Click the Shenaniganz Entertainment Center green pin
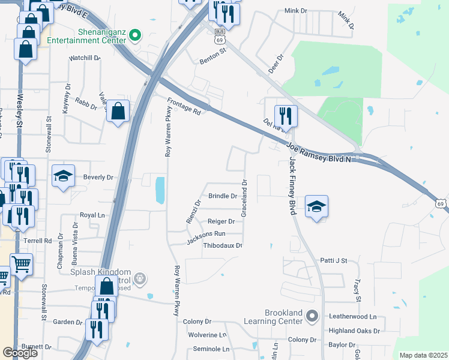pyautogui.click(x=135, y=35)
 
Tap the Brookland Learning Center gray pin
pyautogui.click(x=312, y=315)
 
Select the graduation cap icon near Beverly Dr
pyautogui.click(x=63, y=176)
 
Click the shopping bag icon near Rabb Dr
pyautogui.click(x=118, y=111)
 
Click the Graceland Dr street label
pyautogui.click(x=244, y=199)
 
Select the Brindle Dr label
pyautogui.click(x=223, y=196)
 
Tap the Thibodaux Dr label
pyautogui.click(x=223, y=245)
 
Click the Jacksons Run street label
pyautogui.click(x=206, y=234)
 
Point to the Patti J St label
pyautogui.click(x=335, y=260)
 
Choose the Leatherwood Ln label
pyautogui.click(x=352, y=316)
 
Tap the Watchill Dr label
pyautogui.click(x=84, y=58)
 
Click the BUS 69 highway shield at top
pyautogui.click(x=220, y=35)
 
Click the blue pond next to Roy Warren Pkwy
pyautogui.click(x=160, y=190)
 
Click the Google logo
pyautogui.click(x=20, y=353)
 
